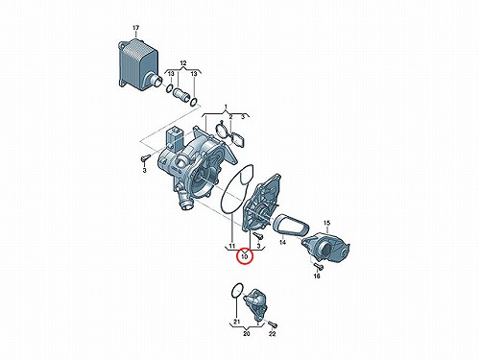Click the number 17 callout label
point(136,28)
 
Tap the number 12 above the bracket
point(182,63)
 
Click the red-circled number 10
point(245,255)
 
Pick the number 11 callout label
point(232,246)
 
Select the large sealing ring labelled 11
point(237,188)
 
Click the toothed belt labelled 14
point(291,226)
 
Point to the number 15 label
point(326,223)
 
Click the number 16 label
point(317,276)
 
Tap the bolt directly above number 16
point(318,266)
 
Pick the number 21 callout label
point(236,321)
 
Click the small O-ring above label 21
point(237,291)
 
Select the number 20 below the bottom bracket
point(246,334)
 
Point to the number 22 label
point(272,334)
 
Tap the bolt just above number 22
point(273,324)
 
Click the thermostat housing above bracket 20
point(255,304)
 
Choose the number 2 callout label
point(230,117)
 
